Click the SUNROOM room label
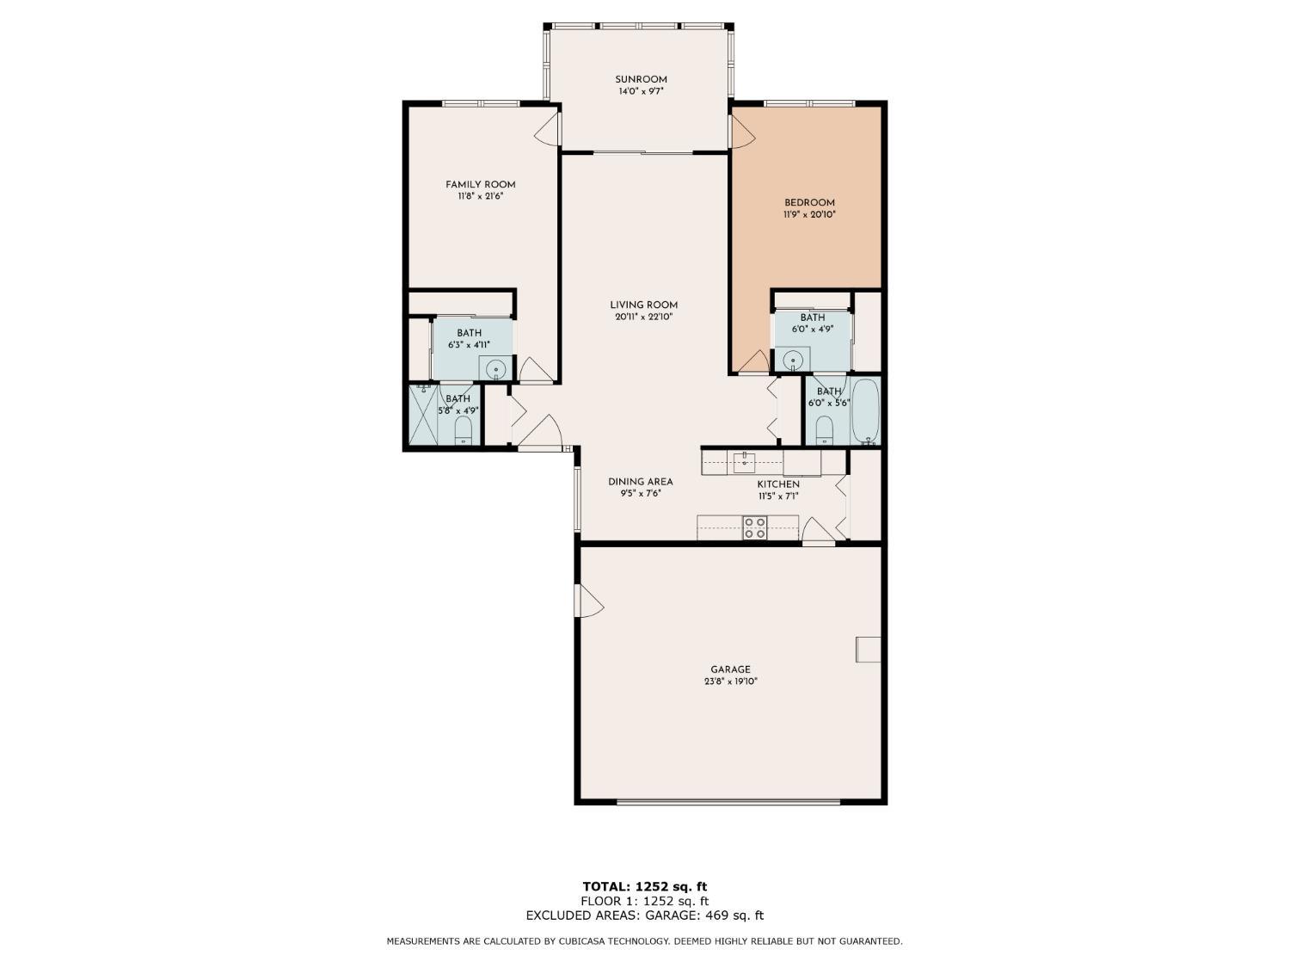point(641,79)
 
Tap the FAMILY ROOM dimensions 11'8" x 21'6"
point(480,196)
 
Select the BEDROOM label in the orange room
point(808,203)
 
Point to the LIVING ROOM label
point(643,305)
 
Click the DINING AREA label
point(640,482)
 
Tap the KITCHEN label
point(777,484)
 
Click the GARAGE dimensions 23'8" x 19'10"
point(730,681)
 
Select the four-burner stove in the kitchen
point(755,527)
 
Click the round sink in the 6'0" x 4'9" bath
point(793,359)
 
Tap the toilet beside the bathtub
point(824,429)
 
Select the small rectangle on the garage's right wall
point(868,649)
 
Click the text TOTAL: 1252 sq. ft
point(644,886)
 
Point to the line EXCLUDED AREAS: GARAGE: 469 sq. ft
point(644,916)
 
